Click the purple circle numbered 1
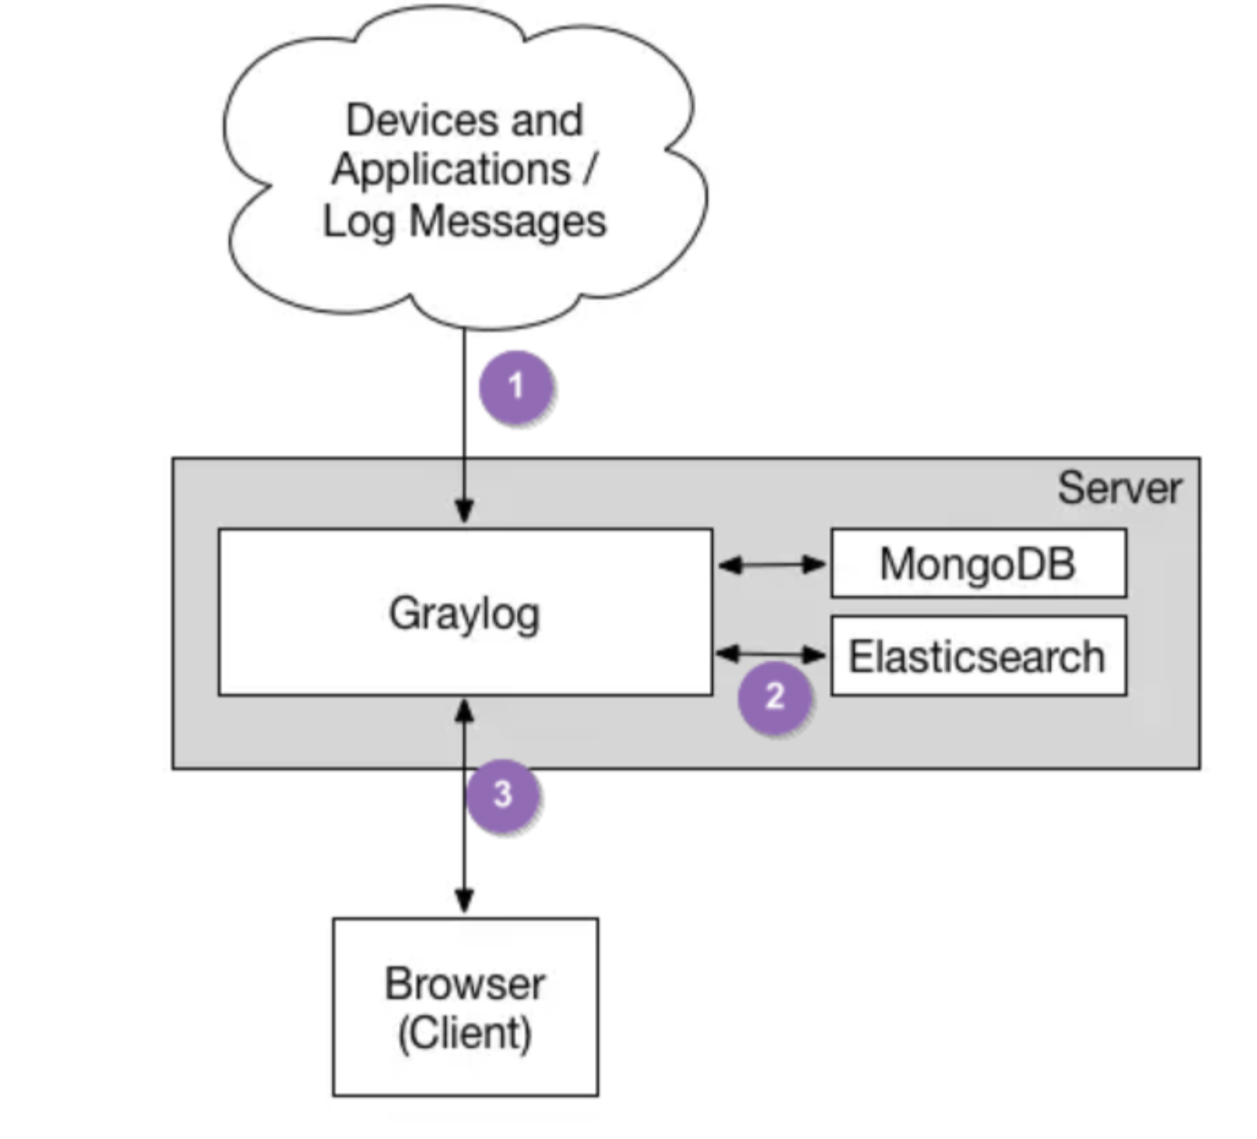point(517,388)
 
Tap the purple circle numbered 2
point(775,697)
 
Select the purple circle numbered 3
point(503,795)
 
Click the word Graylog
point(464,614)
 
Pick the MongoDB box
point(978,564)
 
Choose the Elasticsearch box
point(978,657)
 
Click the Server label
point(1119,489)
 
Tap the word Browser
point(464,984)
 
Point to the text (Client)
point(464,1033)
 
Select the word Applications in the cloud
point(451,170)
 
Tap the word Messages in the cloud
point(507,222)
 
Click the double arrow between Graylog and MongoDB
point(771,565)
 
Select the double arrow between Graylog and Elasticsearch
point(771,653)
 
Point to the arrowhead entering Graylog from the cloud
point(464,511)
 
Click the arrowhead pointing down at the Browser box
point(464,901)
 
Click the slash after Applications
point(589,170)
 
